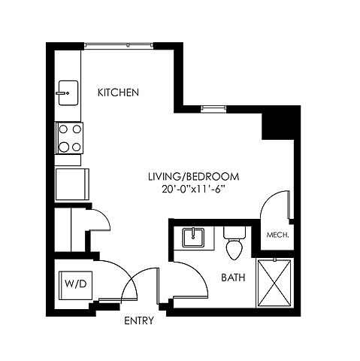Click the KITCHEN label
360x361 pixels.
(118, 93)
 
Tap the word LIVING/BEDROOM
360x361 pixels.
(194, 177)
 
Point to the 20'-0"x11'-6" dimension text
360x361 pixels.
(192, 190)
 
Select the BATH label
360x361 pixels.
(233, 278)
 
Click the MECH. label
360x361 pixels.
(277, 235)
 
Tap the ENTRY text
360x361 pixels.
(139, 320)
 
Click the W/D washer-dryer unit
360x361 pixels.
(76, 285)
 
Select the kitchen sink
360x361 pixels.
(68, 93)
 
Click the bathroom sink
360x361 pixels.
(193, 238)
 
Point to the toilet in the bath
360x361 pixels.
(234, 243)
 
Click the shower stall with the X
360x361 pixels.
(274, 283)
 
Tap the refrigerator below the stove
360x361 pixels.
(72, 184)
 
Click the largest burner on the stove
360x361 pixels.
(64, 147)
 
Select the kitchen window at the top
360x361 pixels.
(119, 45)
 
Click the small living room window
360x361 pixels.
(213, 108)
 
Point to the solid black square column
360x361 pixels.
(277, 126)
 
